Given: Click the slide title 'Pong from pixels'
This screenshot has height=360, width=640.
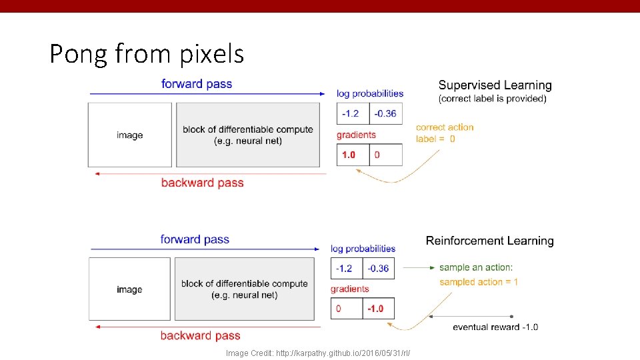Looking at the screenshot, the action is [x=147, y=53].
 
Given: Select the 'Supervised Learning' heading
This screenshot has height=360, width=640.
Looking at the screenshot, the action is [x=495, y=85].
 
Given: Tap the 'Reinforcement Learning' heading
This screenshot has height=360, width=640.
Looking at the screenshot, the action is [x=489, y=241].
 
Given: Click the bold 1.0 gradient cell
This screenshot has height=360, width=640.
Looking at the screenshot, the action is [x=353, y=155].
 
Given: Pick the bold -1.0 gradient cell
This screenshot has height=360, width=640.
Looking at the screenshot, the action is [x=378, y=309].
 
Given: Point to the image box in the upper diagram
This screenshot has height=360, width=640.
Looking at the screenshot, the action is [x=130, y=135].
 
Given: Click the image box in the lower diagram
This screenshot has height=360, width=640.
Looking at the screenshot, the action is [x=129, y=289].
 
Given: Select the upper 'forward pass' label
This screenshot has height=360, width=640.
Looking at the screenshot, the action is [x=197, y=84].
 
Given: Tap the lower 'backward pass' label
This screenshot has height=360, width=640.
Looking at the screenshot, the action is [x=200, y=335].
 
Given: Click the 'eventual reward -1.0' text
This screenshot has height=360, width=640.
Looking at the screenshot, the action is [x=495, y=327].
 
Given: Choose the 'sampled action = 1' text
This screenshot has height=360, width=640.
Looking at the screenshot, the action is [x=479, y=282].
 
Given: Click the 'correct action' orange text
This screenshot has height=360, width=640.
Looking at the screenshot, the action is [x=445, y=127].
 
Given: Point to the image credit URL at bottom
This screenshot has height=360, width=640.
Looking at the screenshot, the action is [x=317, y=353].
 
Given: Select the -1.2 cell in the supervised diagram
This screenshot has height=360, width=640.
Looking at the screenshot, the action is [x=353, y=113].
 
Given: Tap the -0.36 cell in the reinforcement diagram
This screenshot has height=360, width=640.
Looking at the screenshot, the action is [x=378, y=268].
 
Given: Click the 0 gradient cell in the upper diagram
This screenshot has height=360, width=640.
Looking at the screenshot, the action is [x=385, y=155].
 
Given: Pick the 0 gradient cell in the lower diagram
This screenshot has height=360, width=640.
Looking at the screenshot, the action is [x=347, y=309].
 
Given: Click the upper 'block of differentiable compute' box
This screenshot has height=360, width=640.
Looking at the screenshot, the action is [x=248, y=135].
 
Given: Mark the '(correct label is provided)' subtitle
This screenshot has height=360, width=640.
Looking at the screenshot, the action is [x=492, y=99].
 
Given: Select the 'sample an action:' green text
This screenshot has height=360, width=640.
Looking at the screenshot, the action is [x=475, y=267].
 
